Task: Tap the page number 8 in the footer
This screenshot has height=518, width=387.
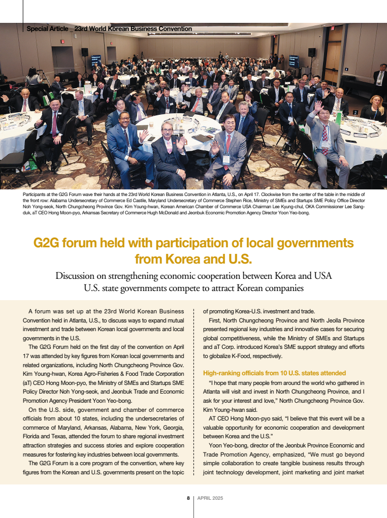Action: (x=188, y=498)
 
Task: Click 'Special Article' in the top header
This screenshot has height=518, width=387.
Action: (x=47, y=29)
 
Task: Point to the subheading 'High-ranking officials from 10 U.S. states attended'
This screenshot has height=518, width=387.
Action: (x=274, y=373)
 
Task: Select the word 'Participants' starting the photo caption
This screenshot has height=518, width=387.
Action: (x=35, y=195)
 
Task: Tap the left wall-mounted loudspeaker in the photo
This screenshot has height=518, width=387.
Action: (x=85, y=52)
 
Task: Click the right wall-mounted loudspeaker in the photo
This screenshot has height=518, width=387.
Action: (x=311, y=52)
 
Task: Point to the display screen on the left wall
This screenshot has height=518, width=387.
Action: (x=96, y=60)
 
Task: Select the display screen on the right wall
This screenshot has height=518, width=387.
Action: (x=294, y=61)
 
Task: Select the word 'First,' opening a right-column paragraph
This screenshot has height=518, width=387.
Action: (x=216, y=320)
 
